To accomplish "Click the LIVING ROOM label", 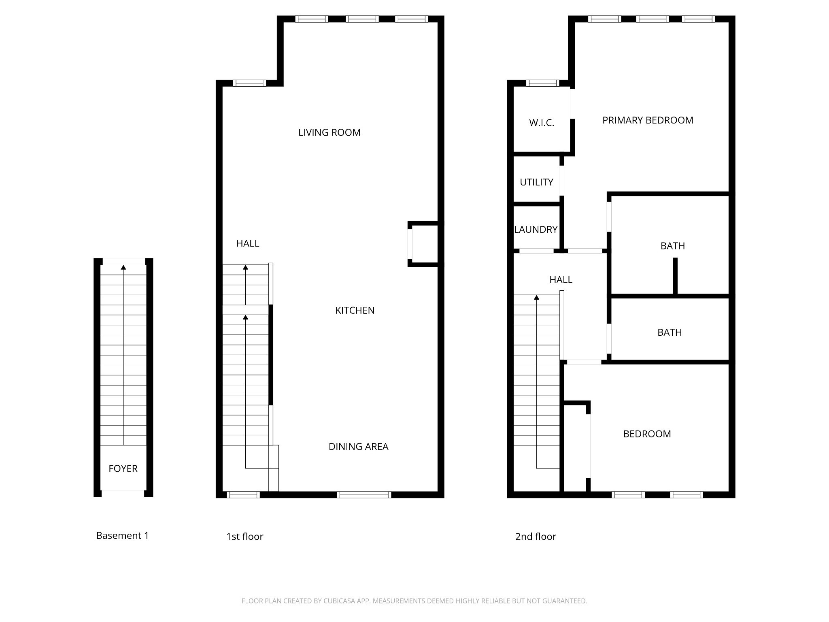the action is pyautogui.click(x=329, y=132).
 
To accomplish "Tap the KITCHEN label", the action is pyautogui.click(x=355, y=311).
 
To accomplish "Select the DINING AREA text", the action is pyautogui.click(x=358, y=447).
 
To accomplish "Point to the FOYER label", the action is pyautogui.click(x=123, y=469).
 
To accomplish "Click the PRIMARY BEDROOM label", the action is pyautogui.click(x=648, y=120).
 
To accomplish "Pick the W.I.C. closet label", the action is pyautogui.click(x=542, y=123).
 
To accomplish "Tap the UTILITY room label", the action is pyautogui.click(x=536, y=182).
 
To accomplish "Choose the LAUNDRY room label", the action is pyautogui.click(x=536, y=230).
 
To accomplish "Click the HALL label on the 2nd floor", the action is pyautogui.click(x=561, y=280).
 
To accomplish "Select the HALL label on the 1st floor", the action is pyautogui.click(x=248, y=243).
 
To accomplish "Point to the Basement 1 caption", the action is pyautogui.click(x=122, y=536).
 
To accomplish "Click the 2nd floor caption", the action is pyautogui.click(x=536, y=537).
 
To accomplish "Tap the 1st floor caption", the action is pyautogui.click(x=244, y=537).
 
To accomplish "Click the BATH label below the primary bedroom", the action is pyautogui.click(x=673, y=246).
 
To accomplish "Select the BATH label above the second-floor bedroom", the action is pyautogui.click(x=670, y=332).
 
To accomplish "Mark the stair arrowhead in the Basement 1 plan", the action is pyautogui.click(x=123, y=267).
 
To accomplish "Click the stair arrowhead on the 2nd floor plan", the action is pyautogui.click(x=537, y=298).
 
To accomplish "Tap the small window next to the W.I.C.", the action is pyautogui.click(x=543, y=83).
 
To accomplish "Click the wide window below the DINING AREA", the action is pyautogui.click(x=364, y=494).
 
